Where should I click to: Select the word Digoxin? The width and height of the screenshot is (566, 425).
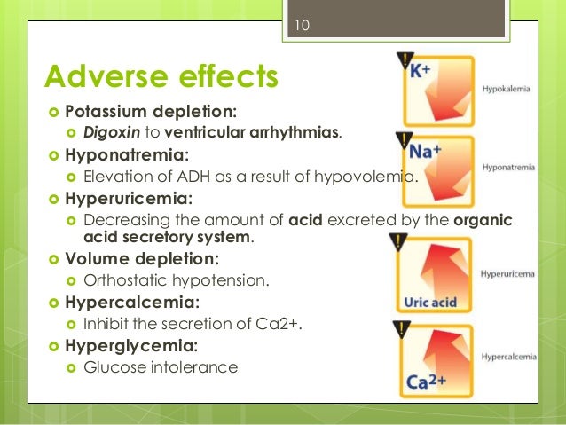[108, 133]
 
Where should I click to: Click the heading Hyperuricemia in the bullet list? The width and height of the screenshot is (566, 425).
[130, 198]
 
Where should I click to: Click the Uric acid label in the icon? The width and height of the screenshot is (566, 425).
[430, 303]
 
